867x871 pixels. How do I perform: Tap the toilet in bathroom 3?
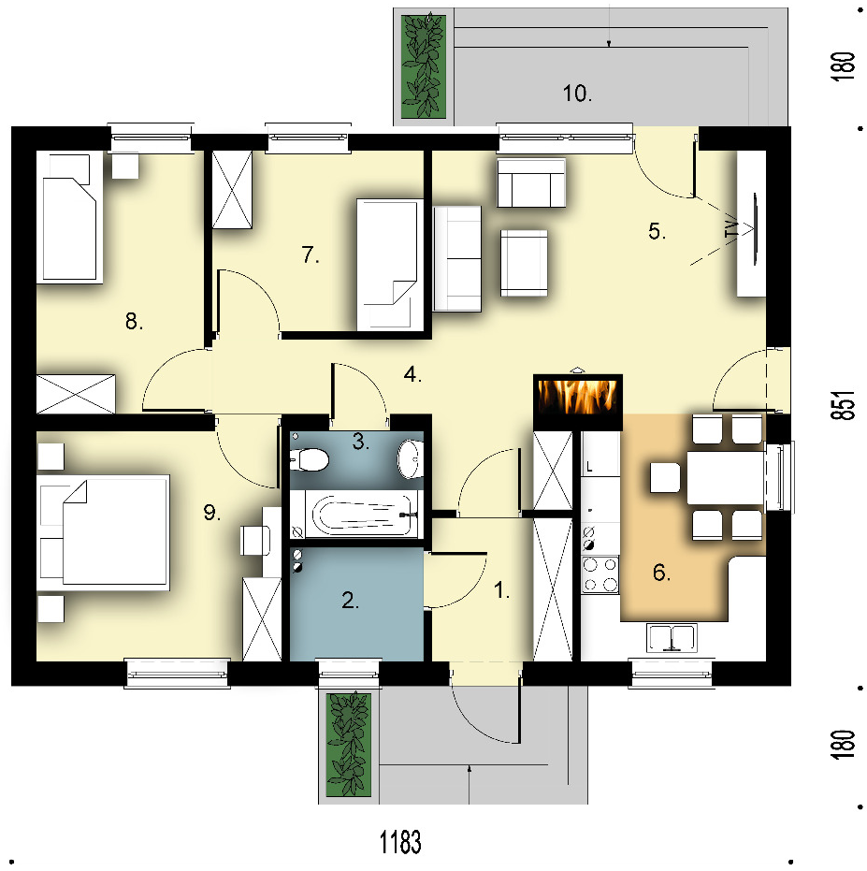click(309, 460)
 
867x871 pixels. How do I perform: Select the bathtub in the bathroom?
click(363, 514)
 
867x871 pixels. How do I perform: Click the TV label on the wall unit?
click(732, 228)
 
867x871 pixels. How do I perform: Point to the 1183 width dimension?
click(400, 842)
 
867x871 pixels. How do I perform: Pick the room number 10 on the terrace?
click(577, 94)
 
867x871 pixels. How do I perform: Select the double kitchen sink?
click(672, 638)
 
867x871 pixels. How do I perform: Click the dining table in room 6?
click(726, 478)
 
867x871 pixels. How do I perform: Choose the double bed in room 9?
click(105, 530)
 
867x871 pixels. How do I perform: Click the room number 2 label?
click(351, 601)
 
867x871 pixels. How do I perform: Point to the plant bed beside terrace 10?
click(424, 66)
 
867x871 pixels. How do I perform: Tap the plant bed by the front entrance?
click(348, 745)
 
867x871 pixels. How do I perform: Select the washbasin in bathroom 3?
click(410, 458)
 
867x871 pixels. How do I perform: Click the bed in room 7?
click(388, 264)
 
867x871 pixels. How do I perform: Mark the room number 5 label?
click(657, 231)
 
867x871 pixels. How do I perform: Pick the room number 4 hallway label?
click(412, 374)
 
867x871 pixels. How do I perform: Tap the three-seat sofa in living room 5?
click(457, 259)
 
